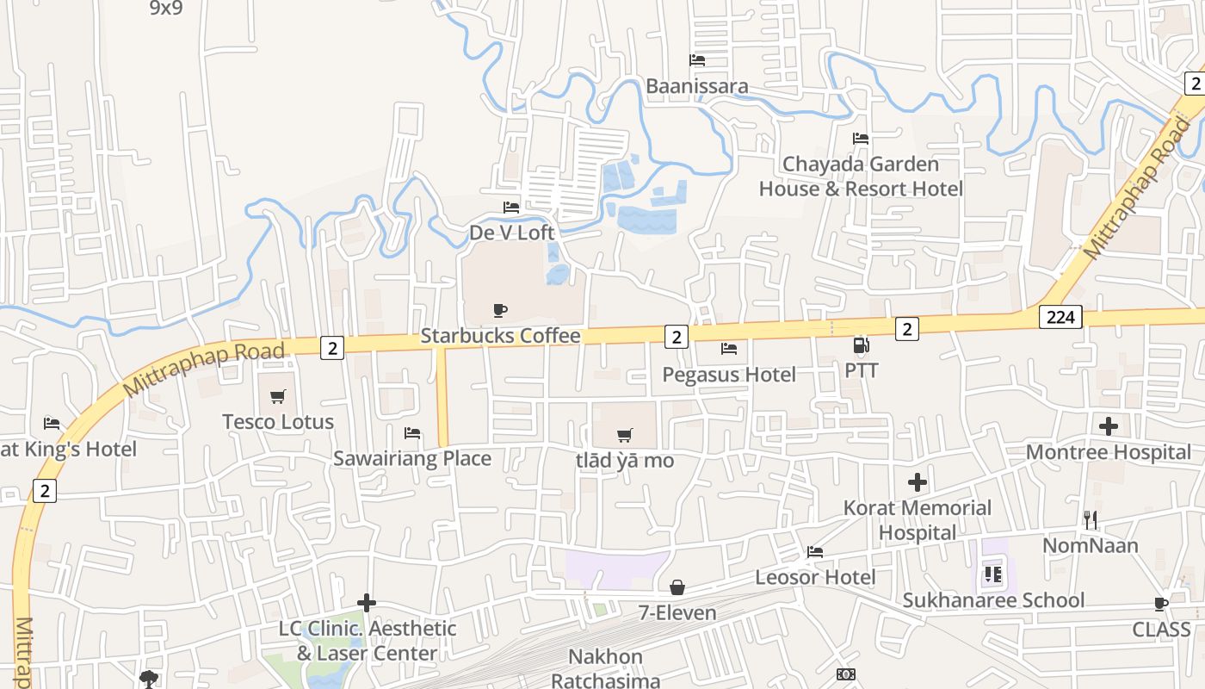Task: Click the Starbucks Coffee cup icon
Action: coord(500,310)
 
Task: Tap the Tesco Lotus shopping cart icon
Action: coord(277,396)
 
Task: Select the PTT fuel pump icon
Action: coord(861,345)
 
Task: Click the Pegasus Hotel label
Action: coord(729,375)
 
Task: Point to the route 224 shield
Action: coord(1060,317)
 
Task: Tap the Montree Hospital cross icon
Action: coord(1109,425)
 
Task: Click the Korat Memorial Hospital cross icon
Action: coord(918,481)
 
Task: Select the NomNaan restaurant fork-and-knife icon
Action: coord(1091,519)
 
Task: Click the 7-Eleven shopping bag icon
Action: coord(677,587)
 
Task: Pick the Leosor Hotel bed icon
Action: coord(815,551)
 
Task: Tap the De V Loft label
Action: coord(512,233)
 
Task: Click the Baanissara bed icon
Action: coord(697,60)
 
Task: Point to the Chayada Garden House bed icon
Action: coord(860,138)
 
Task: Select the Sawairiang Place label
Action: coord(412,458)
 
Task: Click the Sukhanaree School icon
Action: coord(992,574)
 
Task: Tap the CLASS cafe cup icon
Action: coord(1161,604)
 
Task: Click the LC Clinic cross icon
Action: coord(367,602)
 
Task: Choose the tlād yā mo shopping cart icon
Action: coord(625,435)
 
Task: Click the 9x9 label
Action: coord(165,8)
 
